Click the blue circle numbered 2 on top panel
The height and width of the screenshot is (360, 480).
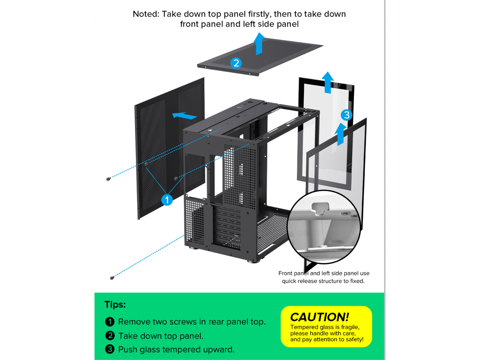coord(236,63)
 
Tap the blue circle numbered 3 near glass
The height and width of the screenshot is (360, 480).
coord(346,115)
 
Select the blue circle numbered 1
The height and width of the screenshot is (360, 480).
coord(167,199)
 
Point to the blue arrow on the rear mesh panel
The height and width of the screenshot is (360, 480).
coord(184,115)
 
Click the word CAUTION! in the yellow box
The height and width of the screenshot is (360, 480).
coord(319,317)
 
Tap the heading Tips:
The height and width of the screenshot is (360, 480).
coord(115,304)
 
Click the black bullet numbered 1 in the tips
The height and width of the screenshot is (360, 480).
coord(109,322)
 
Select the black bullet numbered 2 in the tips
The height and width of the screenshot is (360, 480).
coord(109,336)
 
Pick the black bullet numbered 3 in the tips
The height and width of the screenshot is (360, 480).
coord(109,349)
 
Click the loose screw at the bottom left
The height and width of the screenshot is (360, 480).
coord(112,278)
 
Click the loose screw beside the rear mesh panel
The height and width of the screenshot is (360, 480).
coord(108,179)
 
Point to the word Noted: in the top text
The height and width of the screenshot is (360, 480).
coord(146,14)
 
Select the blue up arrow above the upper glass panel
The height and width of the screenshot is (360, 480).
coord(328,82)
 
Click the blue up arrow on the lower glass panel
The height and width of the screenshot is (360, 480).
coord(340,134)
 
